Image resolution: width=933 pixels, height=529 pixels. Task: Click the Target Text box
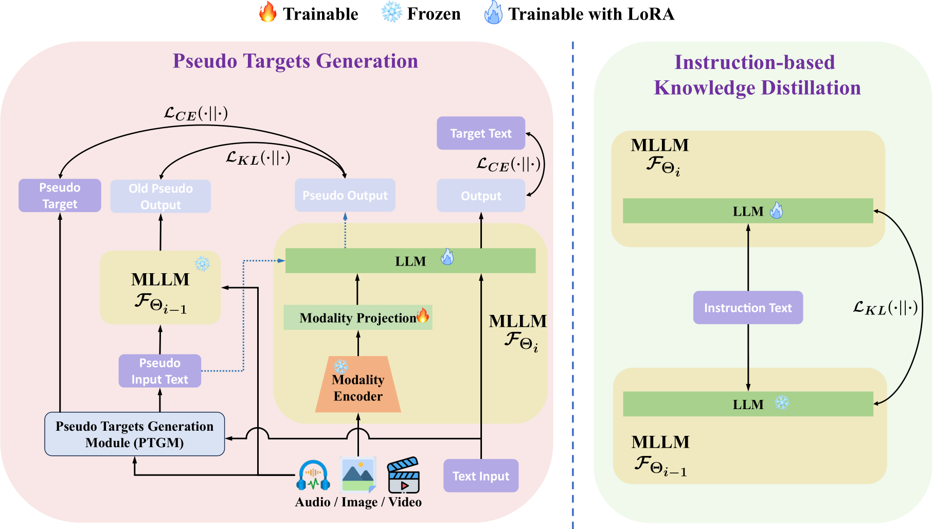[481, 133]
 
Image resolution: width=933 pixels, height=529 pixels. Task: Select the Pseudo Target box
[60, 196]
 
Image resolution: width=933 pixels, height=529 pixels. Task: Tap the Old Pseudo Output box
[160, 196]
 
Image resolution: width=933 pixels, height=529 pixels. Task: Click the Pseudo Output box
[345, 195]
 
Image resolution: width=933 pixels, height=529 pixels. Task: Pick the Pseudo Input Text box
[160, 371]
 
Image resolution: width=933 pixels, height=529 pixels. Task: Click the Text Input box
[481, 476]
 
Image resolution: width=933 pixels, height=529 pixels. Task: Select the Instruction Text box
[748, 308]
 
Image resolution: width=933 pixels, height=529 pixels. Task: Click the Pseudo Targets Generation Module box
[135, 434]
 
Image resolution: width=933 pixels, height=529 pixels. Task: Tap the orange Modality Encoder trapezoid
[358, 384]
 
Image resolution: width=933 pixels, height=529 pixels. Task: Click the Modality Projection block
[358, 318]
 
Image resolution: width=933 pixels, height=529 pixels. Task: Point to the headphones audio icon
[313, 475]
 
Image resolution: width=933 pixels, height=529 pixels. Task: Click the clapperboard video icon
[404, 475]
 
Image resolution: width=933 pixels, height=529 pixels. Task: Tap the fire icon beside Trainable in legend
[267, 12]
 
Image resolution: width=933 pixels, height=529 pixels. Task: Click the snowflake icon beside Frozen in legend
[391, 12]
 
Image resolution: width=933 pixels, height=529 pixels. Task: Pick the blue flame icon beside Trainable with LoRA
[493, 12]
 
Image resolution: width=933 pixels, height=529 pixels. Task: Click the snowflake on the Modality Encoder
[341, 366]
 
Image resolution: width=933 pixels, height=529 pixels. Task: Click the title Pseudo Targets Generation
[295, 61]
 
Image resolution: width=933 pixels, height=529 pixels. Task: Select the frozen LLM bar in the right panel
[748, 404]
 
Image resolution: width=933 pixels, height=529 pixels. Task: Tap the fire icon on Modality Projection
[423, 315]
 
